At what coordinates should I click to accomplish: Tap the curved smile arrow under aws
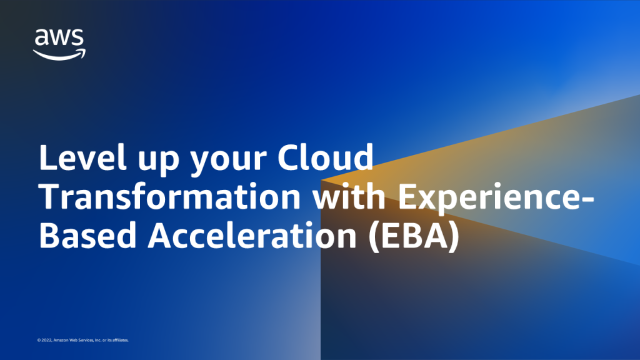tap(59, 56)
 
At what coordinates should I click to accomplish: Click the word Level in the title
tap(82, 157)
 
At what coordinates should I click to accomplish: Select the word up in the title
tap(159, 161)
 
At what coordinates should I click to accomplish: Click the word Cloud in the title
tap(325, 157)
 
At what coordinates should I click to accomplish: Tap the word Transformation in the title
tap(170, 196)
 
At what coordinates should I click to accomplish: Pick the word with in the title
tap(349, 196)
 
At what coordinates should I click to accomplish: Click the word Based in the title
tap(87, 236)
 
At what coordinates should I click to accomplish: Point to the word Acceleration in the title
tap(252, 236)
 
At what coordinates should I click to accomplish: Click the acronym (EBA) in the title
tap(414, 237)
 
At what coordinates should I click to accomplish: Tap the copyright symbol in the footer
tap(39, 340)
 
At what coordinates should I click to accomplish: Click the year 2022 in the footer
tap(46, 340)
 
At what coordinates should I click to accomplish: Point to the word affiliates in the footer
tap(121, 340)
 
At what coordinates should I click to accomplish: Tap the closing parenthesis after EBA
tap(455, 237)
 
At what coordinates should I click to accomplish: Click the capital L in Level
tap(47, 157)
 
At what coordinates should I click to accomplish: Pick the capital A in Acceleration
tap(160, 236)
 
